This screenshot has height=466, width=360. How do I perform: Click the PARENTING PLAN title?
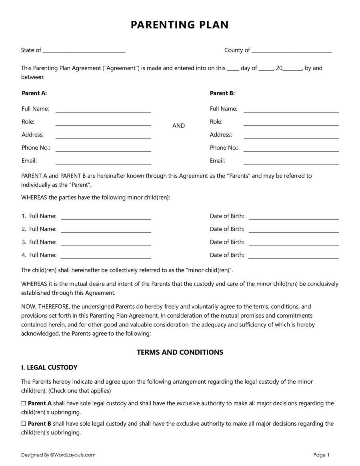tap(180, 25)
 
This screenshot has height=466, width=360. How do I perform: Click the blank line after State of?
tap(84, 51)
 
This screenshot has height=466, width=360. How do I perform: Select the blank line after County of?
tap(292, 51)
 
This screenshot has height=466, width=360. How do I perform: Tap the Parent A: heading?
tap(34, 93)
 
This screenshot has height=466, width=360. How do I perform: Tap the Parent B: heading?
tap(222, 93)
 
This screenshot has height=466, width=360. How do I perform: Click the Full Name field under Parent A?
tap(103, 110)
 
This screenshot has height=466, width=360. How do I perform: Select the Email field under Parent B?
tap(291, 162)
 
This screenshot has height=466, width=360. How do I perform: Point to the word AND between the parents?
tap(178, 126)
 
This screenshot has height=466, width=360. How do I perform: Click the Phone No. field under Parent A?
tap(103, 148)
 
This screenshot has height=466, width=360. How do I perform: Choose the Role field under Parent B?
tap(291, 122)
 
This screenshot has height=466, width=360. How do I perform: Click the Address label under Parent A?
tap(32, 135)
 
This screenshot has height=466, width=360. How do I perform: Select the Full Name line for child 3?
tap(106, 243)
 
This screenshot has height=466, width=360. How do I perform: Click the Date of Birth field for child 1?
tap(294, 217)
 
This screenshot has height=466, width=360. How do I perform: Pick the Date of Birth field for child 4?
tap(294, 256)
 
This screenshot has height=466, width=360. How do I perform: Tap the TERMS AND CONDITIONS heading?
tap(180, 352)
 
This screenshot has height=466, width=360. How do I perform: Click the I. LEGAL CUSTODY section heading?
tap(49, 368)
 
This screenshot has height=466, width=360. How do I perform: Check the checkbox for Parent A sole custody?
tap(24, 404)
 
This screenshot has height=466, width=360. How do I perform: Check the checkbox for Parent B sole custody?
tap(24, 424)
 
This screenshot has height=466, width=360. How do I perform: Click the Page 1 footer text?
tap(321, 455)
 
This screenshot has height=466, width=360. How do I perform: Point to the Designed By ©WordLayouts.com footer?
tap(58, 455)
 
